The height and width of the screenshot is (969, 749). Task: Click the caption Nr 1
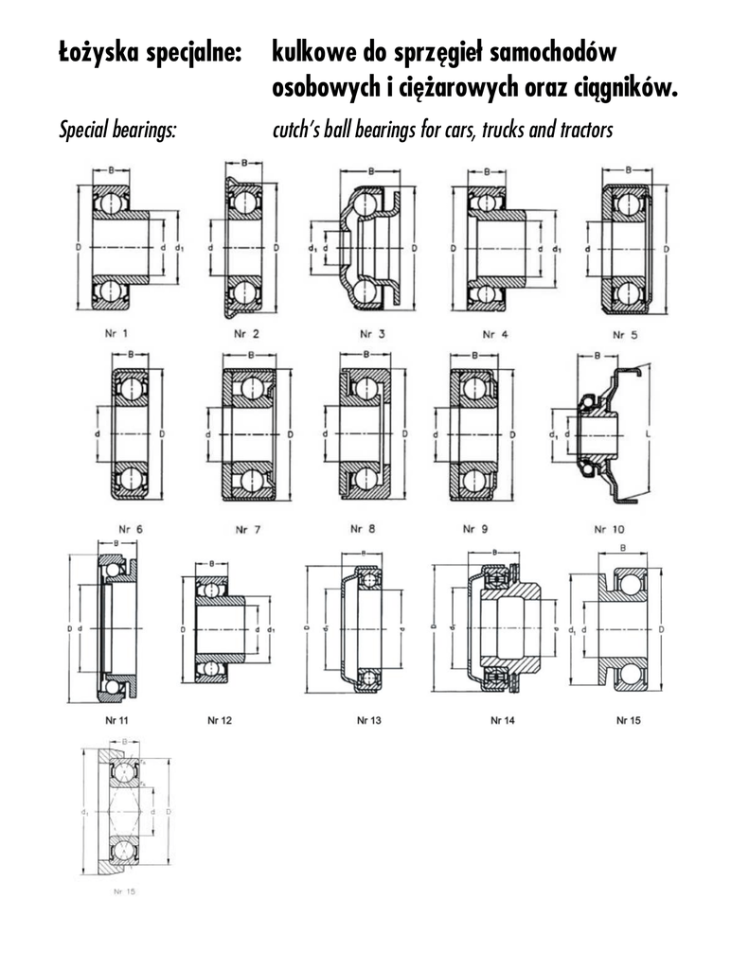click(118, 332)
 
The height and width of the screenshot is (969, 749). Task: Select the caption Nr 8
click(364, 528)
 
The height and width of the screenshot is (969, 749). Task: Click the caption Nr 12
click(220, 721)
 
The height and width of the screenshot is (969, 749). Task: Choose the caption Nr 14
click(503, 721)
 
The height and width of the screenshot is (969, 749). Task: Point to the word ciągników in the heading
click(627, 88)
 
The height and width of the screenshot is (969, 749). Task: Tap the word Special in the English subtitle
click(85, 129)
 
